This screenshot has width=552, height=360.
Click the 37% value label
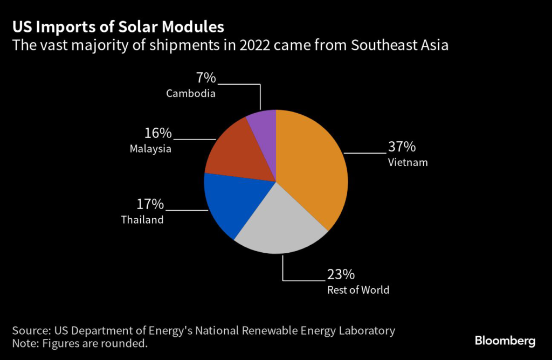click(402, 147)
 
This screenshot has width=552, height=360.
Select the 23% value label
click(341, 274)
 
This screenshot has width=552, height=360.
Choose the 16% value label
click(157, 133)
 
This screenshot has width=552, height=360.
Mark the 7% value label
click(205, 78)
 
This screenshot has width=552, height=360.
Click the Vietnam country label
click(408, 162)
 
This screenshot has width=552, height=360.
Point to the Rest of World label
click(358, 290)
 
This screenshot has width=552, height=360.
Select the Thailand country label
click(142, 220)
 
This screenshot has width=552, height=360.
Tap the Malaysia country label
click(150, 149)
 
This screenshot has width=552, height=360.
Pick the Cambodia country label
click(191, 93)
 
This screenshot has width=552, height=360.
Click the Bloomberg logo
click(505, 341)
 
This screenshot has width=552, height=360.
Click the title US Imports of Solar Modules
click(118, 27)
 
